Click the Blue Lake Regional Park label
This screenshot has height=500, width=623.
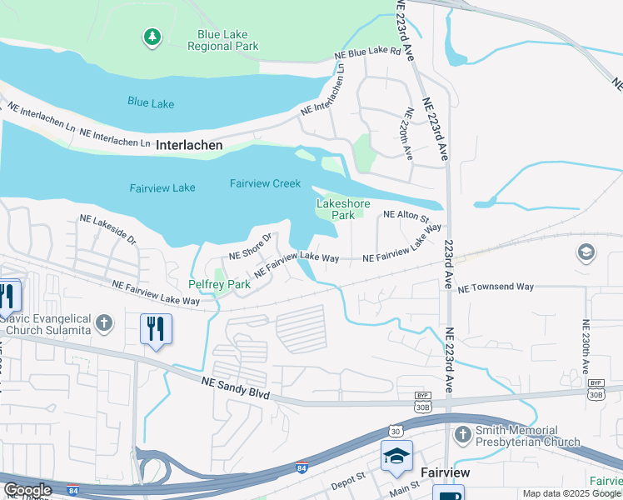(x=227, y=41)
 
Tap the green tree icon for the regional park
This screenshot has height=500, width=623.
(x=152, y=37)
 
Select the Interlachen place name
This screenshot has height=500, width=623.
(x=189, y=145)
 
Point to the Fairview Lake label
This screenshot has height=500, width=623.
(x=162, y=187)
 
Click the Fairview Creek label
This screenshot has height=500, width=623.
(x=265, y=183)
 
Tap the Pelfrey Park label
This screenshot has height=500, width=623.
(x=219, y=285)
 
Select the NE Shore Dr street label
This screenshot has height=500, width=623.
(x=251, y=247)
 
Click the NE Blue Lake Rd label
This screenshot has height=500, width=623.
(x=367, y=52)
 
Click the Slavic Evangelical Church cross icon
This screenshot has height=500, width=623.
(x=103, y=322)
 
